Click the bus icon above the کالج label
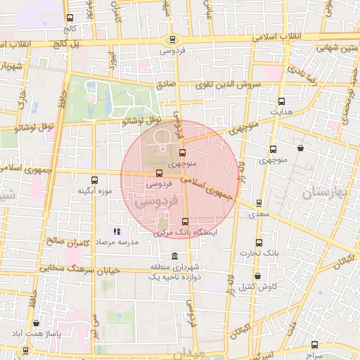coord(69,19)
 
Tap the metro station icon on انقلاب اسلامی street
coord(172,40)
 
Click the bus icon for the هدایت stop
coord(281,101)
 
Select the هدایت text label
coord(281,112)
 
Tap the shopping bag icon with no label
coord(301,148)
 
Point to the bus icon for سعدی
coord(259,203)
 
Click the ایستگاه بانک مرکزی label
coord(187,231)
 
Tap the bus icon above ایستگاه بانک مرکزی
coord(186,221)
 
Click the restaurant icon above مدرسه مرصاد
coord(117,231)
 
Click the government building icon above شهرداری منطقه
coord(174,256)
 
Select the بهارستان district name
coord(331,192)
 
